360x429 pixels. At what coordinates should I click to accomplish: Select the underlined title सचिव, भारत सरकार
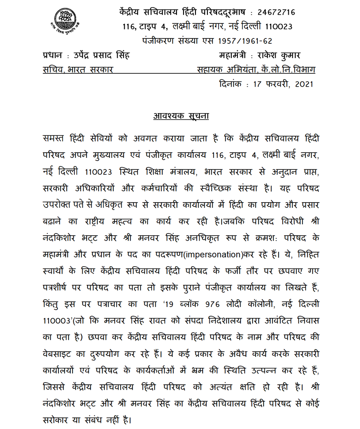click(x=78, y=69)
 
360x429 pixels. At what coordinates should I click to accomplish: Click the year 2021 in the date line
click(x=305, y=84)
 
